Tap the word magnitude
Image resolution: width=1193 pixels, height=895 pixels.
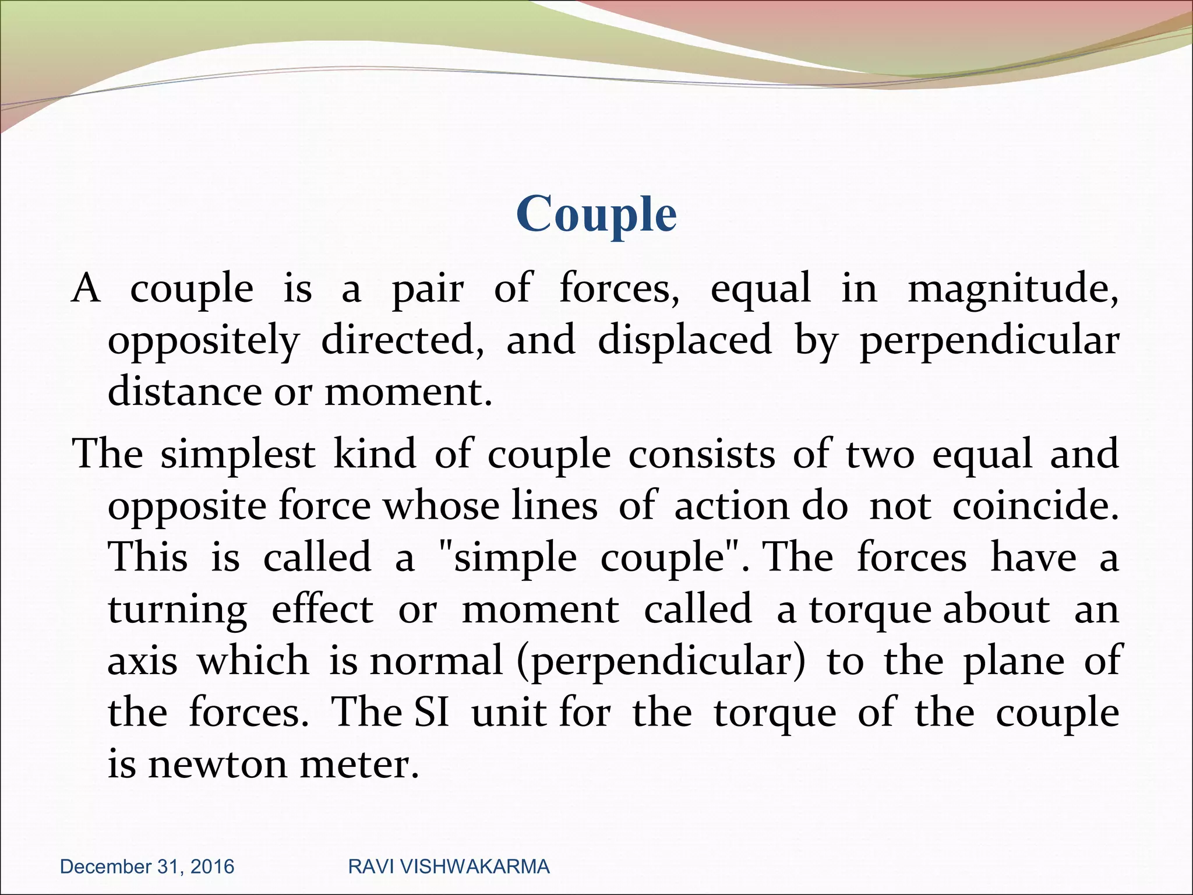click(x=1012, y=289)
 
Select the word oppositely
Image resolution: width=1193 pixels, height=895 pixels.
click(x=203, y=341)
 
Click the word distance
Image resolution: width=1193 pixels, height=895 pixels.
click(x=185, y=392)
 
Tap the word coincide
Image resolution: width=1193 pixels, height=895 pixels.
click(x=1035, y=506)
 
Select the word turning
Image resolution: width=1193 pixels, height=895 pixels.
click(x=178, y=611)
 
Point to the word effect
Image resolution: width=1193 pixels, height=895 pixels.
click(x=322, y=609)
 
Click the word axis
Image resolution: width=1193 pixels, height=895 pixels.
click(x=142, y=661)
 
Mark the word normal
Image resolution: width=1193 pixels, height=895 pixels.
click(x=436, y=661)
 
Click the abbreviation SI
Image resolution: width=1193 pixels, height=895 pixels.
click(x=432, y=712)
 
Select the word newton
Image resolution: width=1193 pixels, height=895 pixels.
click(x=217, y=764)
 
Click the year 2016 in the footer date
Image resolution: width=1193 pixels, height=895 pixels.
click(x=212, y=866)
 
